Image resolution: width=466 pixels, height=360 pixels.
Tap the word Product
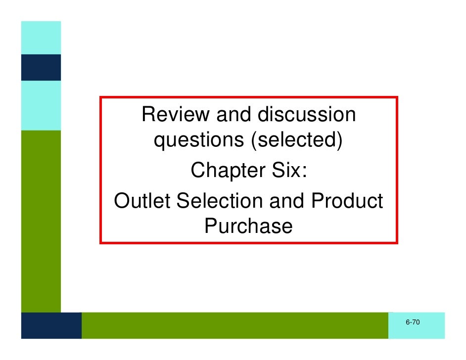click(x=347, y=201)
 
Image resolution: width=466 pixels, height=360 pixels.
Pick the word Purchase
click(x=248, y=226)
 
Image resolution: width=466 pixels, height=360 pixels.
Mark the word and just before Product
click(x=289, y=201)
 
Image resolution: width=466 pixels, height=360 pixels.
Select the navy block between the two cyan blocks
click(x=41, y=67)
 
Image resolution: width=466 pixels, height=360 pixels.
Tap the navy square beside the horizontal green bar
click(x=51, y=325)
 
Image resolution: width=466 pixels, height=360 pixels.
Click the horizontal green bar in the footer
click(x=234, y=325)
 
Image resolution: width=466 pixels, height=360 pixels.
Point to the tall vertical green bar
click(x=41, y=221)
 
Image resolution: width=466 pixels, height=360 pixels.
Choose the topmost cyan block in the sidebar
click(x=41, y=38)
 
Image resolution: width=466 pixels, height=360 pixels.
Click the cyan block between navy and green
click(x=41, y=105)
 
